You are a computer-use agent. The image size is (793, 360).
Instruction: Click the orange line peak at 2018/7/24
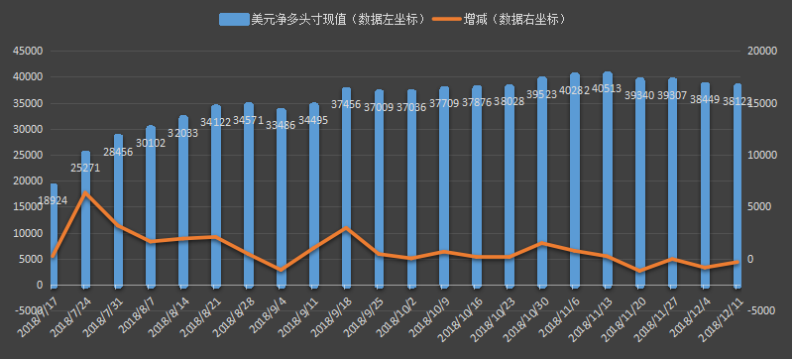86,192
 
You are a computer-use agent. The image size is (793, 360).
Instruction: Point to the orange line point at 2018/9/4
282,270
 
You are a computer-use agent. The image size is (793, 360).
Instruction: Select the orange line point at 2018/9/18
346,228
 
